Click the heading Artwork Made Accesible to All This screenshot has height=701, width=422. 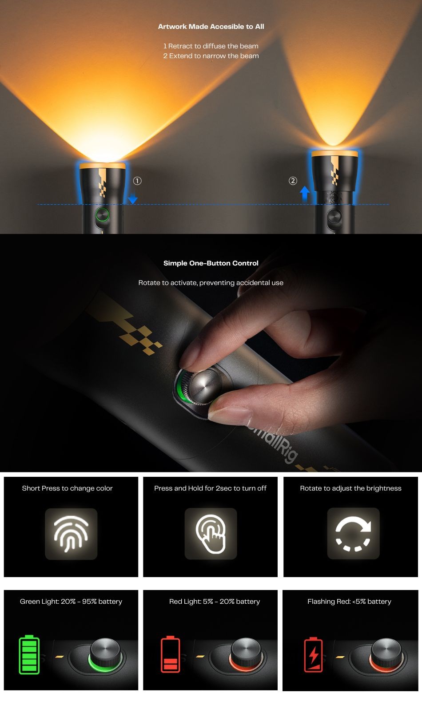[x=211, y=27]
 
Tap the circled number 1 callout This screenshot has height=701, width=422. [x=137, y=181]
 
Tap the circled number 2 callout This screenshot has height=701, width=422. [x=293, y=181]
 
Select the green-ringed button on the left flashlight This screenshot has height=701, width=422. [x=102, y=215]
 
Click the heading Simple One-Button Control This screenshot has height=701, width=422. [x=211, y=263]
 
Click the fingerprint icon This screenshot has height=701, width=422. [x=71, y=534]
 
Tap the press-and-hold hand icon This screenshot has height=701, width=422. [x=211, y=534]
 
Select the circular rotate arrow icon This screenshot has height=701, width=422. [x=353, y=534]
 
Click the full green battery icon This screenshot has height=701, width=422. [x=29, y=654]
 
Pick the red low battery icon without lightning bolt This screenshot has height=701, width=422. [x=170, y=654]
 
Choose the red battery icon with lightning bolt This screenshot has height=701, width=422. [x=313, y=654]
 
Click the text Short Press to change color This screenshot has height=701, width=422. [x=68, y=488]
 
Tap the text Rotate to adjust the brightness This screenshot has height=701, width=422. [x=350, y=488]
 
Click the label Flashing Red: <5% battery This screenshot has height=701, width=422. [x=349, y=602]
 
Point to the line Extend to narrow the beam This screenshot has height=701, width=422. [x=211, y=55]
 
